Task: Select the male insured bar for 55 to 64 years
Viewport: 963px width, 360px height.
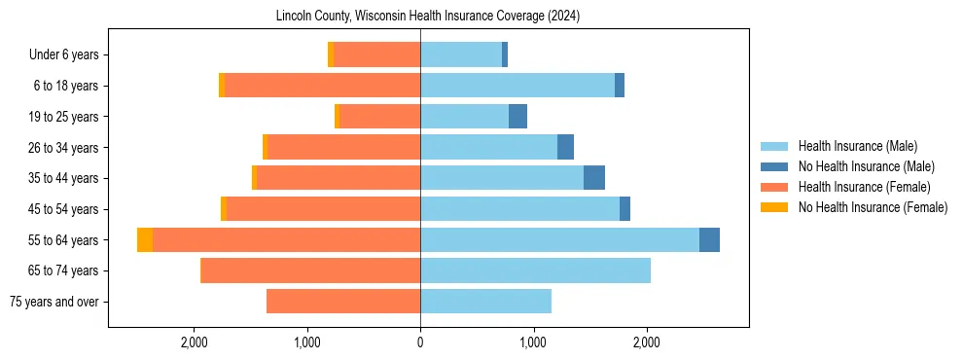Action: [559, 239]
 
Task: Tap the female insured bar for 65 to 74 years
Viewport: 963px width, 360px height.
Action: [310, 270]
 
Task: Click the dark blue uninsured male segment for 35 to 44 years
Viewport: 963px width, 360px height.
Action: [594, 178]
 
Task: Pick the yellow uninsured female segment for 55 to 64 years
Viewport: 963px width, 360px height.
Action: [145, 239]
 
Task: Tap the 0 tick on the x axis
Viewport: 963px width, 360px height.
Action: [420, 342]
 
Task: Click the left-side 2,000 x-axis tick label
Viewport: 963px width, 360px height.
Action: [195, 342]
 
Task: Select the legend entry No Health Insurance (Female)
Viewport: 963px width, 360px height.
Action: [873, 207]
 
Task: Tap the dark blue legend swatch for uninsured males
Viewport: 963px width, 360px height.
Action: [774, 166]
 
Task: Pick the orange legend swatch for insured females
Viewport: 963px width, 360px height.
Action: [774, 187]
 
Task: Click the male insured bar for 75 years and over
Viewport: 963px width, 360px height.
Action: [485, 302]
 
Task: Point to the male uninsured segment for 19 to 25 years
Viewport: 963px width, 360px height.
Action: [517, 117]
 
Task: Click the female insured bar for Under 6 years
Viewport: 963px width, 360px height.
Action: [376, 55]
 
